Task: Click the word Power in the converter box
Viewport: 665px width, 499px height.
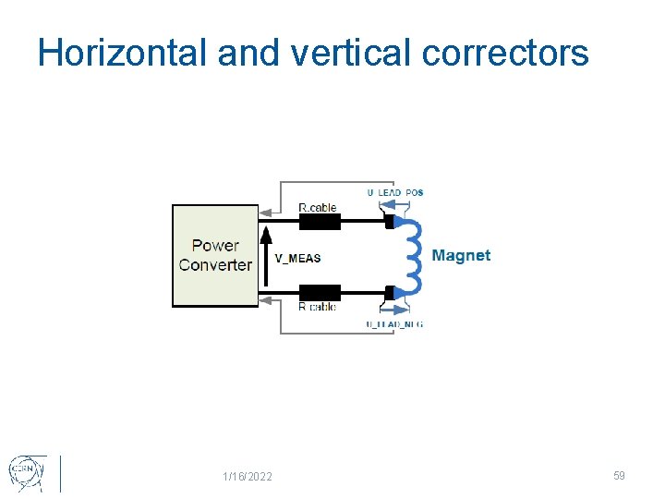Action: tap(215, 246)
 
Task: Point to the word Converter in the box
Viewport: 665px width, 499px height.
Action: tap(215, 265)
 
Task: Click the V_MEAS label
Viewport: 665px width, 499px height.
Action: tap(297, 258)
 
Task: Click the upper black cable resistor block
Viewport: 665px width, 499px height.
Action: tap(320, 222)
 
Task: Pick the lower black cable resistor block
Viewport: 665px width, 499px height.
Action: tap(320, 293)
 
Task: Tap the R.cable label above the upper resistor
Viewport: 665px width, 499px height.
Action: tap(318, 208)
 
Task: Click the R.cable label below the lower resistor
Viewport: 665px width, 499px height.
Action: tap(317, 307)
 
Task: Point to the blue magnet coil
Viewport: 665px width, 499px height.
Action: tap(413, 257)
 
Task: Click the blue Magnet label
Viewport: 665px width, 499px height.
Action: tap(461, 256)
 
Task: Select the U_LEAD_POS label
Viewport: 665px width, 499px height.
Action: tap(394, 192)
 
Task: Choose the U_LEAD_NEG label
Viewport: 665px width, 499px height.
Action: tap(394, 324)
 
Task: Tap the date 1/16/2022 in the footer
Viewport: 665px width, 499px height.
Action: tap(248, 477)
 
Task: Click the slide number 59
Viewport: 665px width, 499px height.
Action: tap(619, 476)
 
